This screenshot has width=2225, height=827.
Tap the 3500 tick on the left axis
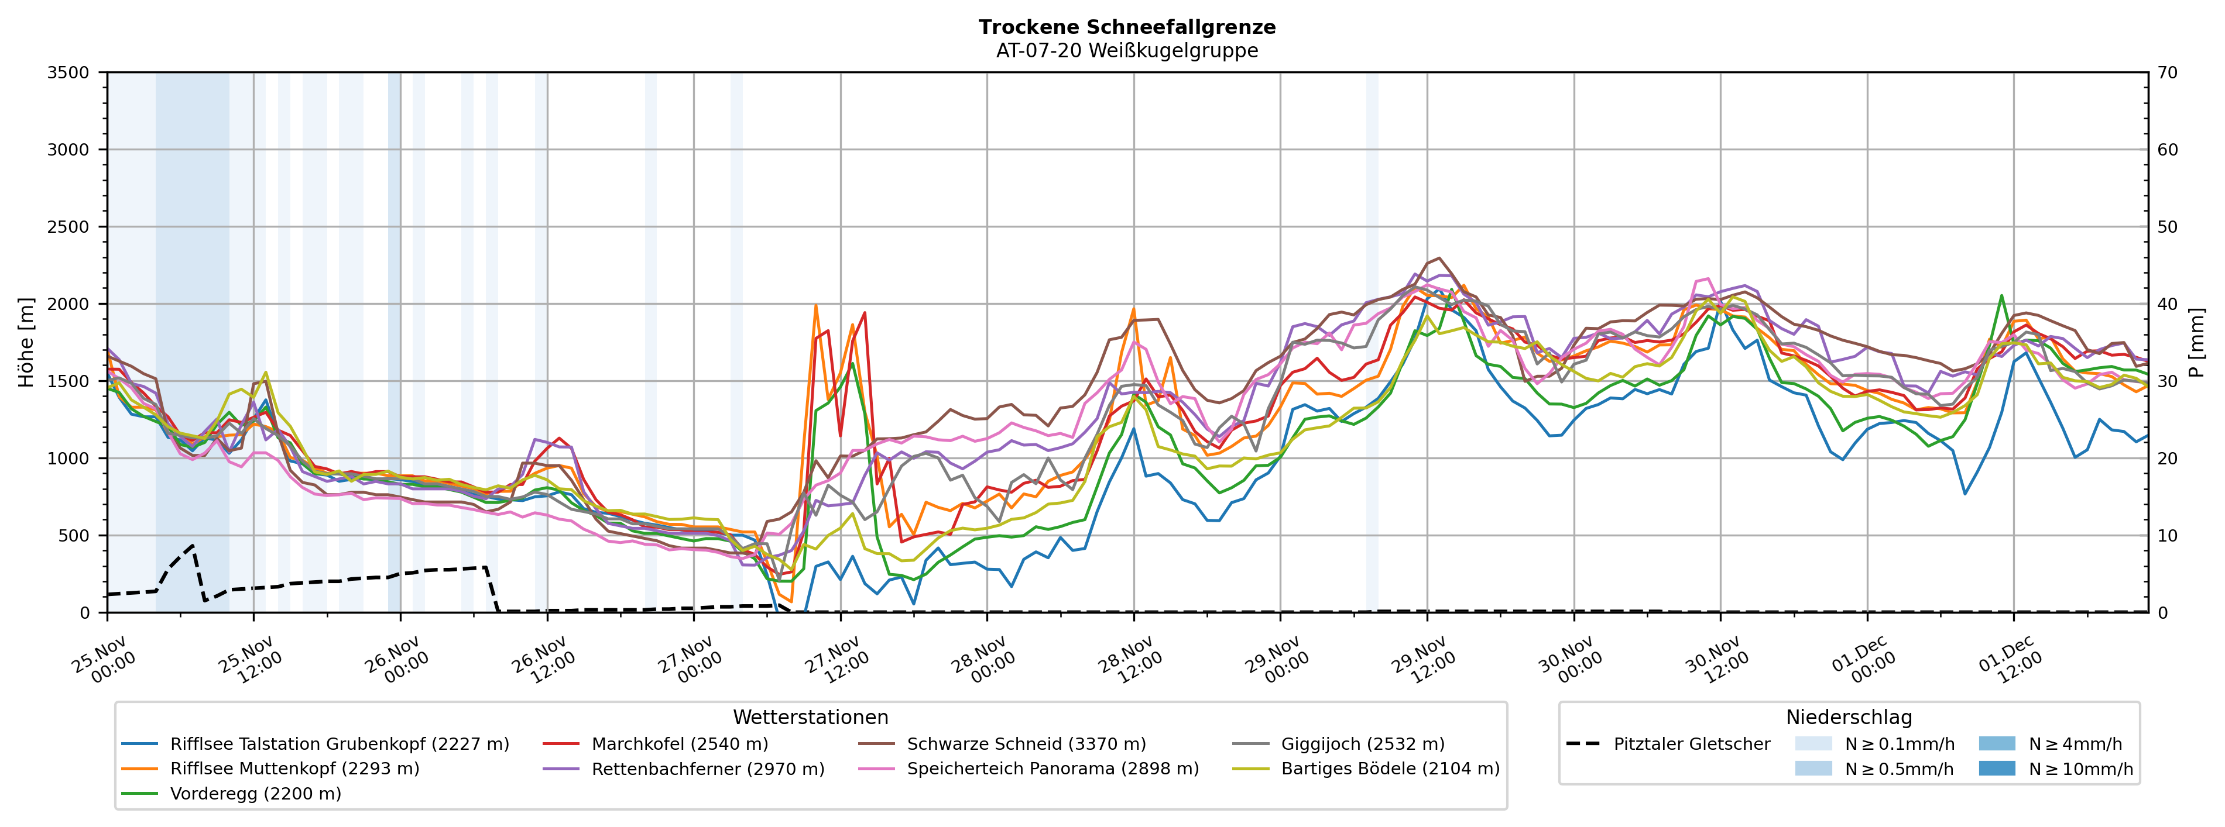(x=68, y=73)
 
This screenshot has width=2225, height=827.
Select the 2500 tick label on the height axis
(x=68, y=227)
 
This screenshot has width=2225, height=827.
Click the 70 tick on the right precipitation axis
(x=2167, y=73)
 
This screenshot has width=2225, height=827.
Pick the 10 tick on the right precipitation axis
(x=2167, y=535)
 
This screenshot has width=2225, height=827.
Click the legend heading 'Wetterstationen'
(x=810, y=718)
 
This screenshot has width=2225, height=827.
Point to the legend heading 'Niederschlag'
(x=1849, y=718)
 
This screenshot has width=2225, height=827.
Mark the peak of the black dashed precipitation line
(x=193, y=546)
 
